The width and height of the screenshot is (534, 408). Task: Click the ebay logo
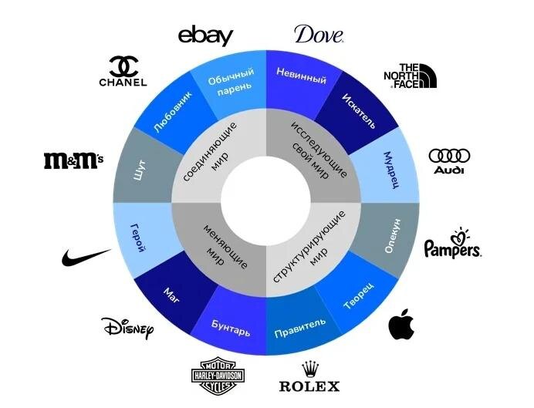point(204,35)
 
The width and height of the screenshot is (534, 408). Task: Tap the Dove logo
point(318,35)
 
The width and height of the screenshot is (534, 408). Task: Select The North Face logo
point(410,76)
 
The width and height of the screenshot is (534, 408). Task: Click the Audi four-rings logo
point(449,160)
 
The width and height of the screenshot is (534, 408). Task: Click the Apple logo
point(400,324)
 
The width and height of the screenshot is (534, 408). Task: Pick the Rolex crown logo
point(308,377)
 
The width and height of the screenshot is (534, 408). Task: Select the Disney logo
point(128,328)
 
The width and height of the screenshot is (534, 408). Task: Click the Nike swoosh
point(86,256)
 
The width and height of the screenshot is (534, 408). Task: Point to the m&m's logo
point(73,160)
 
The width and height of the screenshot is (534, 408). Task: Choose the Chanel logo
point(123,71)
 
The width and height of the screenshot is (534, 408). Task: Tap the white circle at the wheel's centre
point(266,203)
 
